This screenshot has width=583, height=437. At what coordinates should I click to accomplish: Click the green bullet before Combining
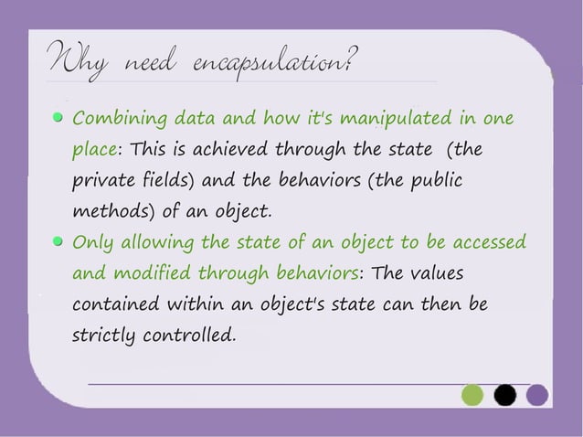point(58,119)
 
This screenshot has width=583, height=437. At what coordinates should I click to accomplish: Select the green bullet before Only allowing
point(58,242)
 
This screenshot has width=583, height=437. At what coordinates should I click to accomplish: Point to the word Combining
point(111,120)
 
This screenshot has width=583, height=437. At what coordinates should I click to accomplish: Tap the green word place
point(94,150)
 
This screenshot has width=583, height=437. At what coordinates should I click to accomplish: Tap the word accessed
point(488,242)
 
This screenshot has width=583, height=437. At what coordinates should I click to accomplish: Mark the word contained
point(112,304)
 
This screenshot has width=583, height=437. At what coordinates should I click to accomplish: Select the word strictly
point(101,336)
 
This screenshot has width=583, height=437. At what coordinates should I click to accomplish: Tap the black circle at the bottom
point(504,395)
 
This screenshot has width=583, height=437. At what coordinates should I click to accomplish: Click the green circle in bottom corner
point(472,395)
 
